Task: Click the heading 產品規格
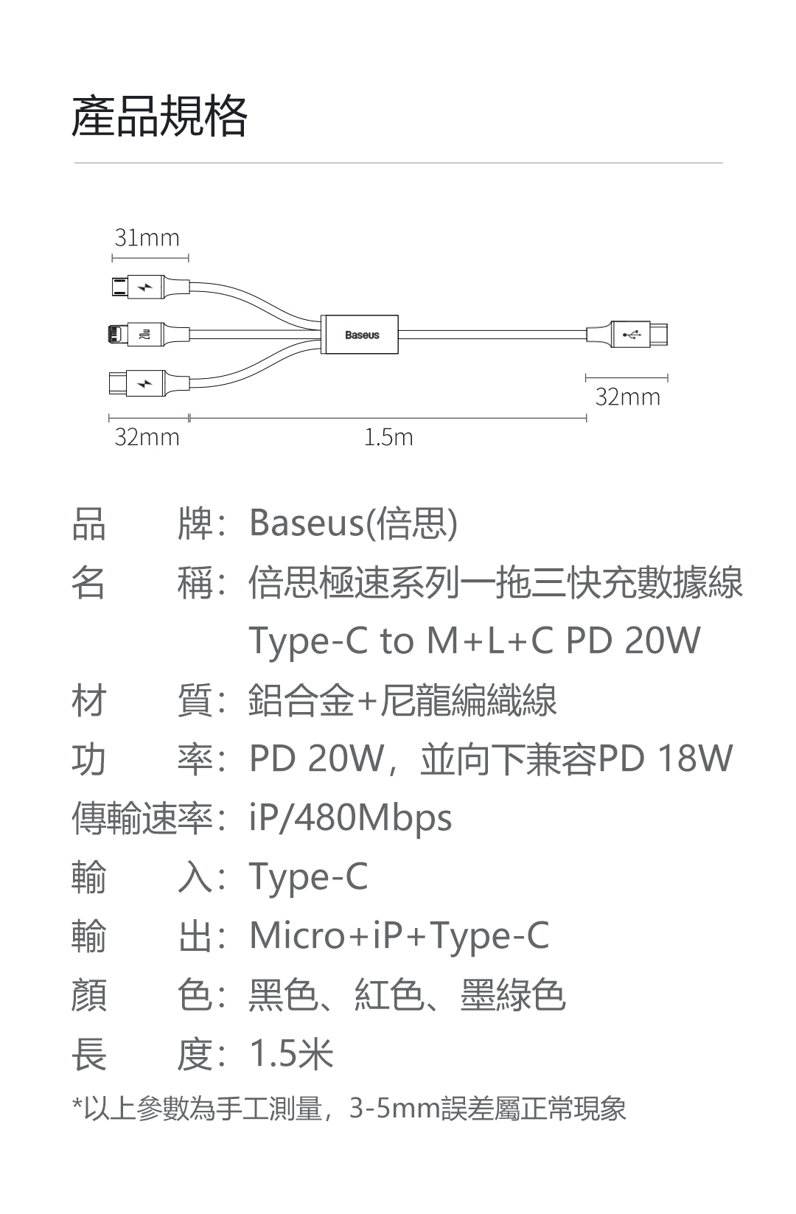[159, 116]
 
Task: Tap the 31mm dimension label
[147, 238]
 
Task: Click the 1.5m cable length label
[388, 438]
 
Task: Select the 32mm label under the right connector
[628, 398]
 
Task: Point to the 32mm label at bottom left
[147, 438]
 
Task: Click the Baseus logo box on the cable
[361, 335]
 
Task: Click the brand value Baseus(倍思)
[354, 523]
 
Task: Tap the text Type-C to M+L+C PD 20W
[475, 641]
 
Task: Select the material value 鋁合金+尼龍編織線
[403, 700]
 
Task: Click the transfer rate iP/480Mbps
[351, 818]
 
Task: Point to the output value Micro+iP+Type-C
[399, 936]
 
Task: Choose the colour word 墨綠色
[513, 995]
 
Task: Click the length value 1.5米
[292, 1054]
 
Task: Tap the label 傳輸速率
[142, 818]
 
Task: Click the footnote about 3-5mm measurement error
[349, 1108]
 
